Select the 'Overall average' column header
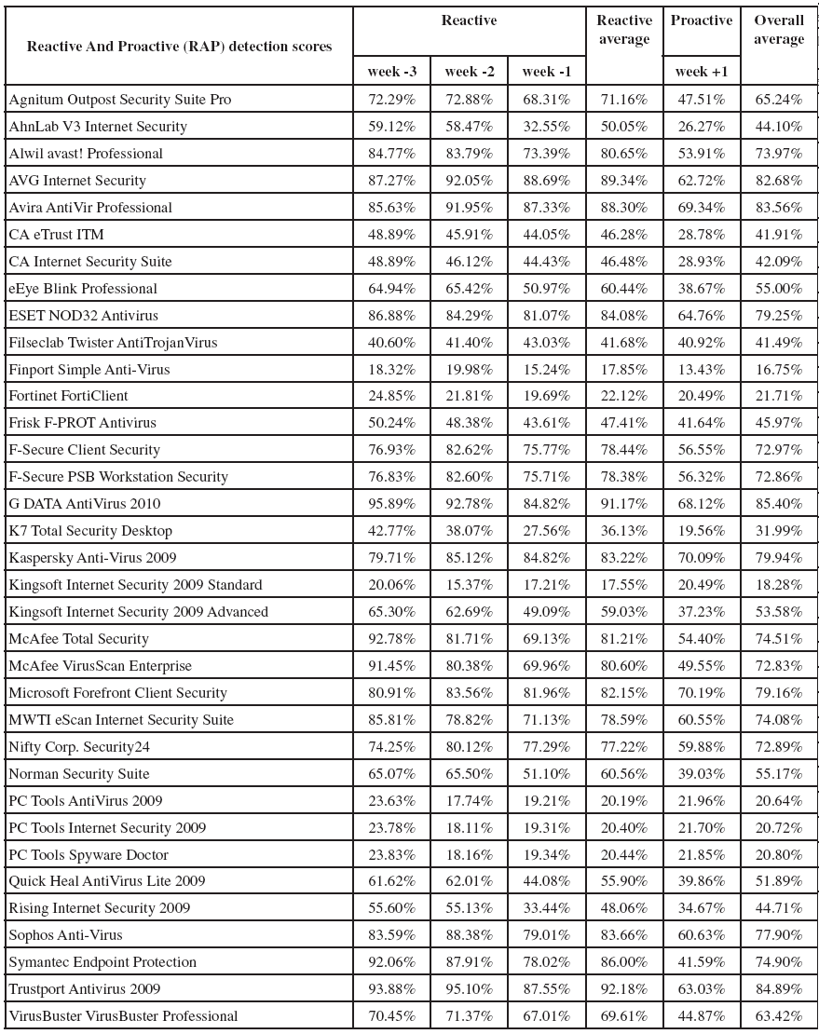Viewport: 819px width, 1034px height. click(x=778, y=30)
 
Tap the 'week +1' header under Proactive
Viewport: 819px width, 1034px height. click(x=701, y=72)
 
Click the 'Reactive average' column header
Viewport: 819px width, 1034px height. click(x=624, y=30)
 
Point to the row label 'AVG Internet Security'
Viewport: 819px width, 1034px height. click(x=77, y=180)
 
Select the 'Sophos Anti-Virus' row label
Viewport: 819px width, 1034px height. click(x=66, y=934)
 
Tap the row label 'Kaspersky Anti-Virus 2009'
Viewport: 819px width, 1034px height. click(x=92, y=557)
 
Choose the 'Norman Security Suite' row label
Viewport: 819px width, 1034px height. click(x=79, y=773)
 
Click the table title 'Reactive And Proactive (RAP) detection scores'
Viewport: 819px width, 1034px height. click(x=179, y=47)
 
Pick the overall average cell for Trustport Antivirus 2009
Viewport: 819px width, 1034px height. click(x=778, y=988)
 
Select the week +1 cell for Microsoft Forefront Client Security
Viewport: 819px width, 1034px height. click(x=701, y=692)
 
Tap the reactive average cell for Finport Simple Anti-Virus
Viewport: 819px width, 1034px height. click(x=624, y=369)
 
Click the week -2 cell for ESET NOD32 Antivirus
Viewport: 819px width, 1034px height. click(x=469, y=315)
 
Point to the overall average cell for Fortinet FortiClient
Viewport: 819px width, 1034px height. click(x=778, y=396)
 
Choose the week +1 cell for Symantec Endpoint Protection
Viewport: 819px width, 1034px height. click(x=701, y=961)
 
